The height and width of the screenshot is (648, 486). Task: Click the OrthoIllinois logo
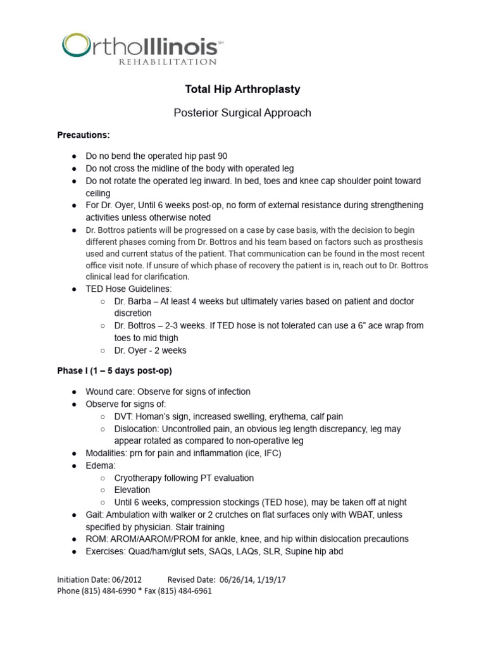tap(142, 47)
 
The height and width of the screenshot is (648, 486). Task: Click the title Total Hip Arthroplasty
tap(242, 89)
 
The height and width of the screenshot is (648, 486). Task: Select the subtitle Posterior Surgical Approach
tap(242, 113)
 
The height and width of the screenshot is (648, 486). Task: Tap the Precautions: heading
tap(84, 135)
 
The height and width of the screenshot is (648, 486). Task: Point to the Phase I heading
tap(115, 370)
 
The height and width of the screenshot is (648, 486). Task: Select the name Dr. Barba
tap(135, 301)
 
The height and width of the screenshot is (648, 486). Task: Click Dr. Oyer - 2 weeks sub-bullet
tap(150, 350)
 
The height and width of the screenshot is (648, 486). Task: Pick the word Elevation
tap(132, 490)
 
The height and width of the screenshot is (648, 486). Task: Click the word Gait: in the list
tap(96, 514)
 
